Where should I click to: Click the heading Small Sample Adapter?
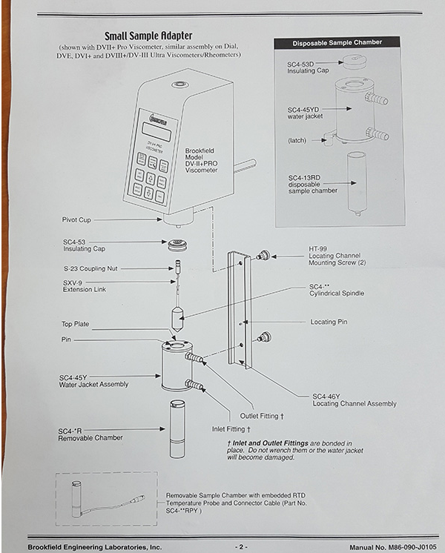pyautogui.click(x=148, y=35)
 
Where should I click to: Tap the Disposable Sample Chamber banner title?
pyautogui.click(x=337, y=43)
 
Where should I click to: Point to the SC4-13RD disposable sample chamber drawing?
pyautogui.click(x=357, y=182)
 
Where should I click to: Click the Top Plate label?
pyautogui.click(x=76, y=324)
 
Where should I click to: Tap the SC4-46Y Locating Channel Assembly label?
pyautogui.click(x=354, y=400)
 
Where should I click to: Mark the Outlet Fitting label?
pyautogui.click(x=262, y=416)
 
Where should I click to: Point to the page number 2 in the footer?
pyautogui.click(x=240, y=546)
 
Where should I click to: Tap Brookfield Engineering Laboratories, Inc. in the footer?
pyautogui.click(x=95, y=546)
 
